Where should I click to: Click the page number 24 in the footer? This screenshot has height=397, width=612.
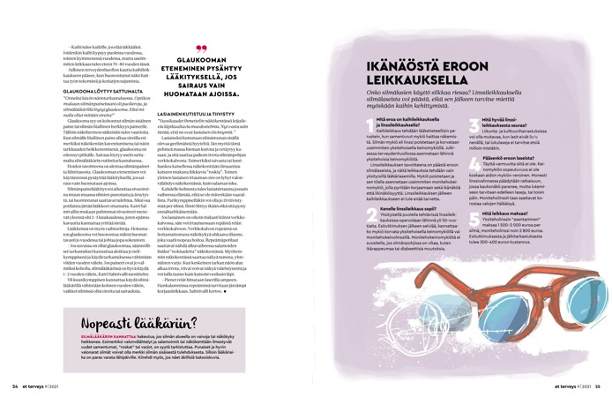(15, 386)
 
